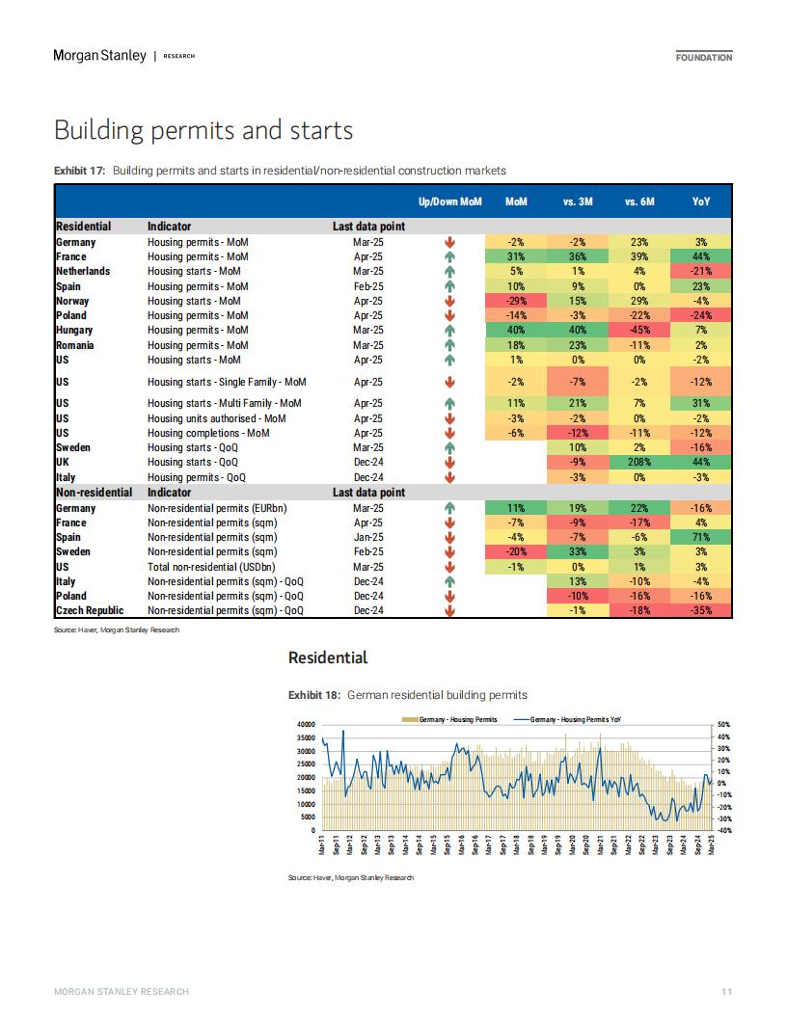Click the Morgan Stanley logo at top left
pyautogui.click(x=100, y=56)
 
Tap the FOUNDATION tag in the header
pyautogui.click(x=704, y=57)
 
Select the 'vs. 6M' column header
pyautogui.click(x=639, y=201)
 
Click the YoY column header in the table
pyautogui.click(x=701, y=201)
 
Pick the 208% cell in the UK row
pyautogui.click(x=639, y=463)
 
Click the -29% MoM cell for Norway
pyautogui.click(x=516, y=301)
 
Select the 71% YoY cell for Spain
pyautogui.click(x=701, y=538)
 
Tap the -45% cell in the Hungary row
pyautogui.click(x=639, y=331)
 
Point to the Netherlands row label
pyautogui.click(x=83, y=272)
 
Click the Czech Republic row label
pyautogui.click(x=90, y=610)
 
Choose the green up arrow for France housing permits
pyautogui.click(x=449, y=257)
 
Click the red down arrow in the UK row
pyautogui.click(x=449, y=463)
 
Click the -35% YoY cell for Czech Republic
pyautogui.click(x=701, y=611)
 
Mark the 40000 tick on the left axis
pyautogui.click(x=306, y=725)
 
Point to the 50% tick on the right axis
pyautogui.click(x=724, y=725)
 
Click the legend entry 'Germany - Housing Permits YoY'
pyautogui.click(x=567, y=719)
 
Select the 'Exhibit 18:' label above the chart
pyautogui.click(x=314, y=695)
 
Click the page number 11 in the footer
pyautogui.click(x=726, y=991)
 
